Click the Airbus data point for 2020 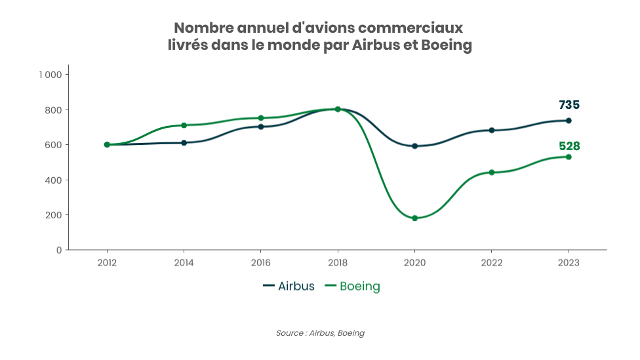tap(414, 146)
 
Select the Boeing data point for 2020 tap(414, 218)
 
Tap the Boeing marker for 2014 tap(184, 125)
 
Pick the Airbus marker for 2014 tap(184, 142)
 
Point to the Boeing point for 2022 tap(492, 172)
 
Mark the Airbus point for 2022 tap(492, 130)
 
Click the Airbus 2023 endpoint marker tap(569, 121)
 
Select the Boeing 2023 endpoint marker tap(569, 157)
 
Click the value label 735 tap(569, 105)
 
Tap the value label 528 tap(569, 146)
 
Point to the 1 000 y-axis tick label tap(50, 75)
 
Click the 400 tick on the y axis tap(54, 180)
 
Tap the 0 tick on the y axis tap(59, 250)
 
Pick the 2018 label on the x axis tap(338, 262)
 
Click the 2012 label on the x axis tap(107, 262)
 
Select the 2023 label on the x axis tap(569, 262)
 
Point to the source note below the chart tap(320, 333)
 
